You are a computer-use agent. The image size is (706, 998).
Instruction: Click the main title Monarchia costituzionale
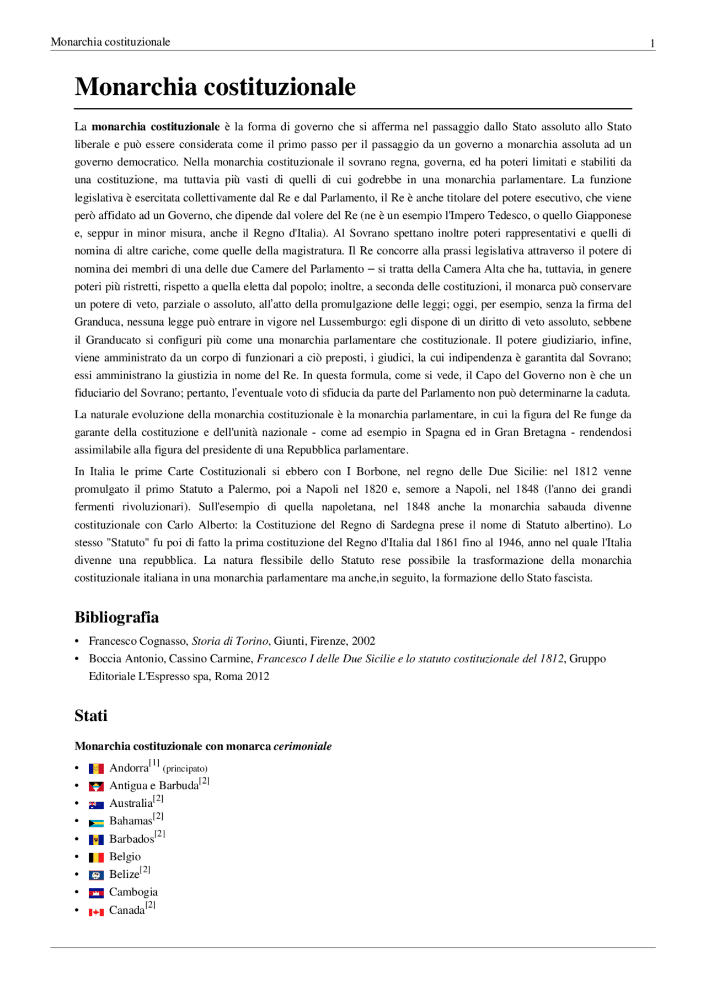(x=215, y=87)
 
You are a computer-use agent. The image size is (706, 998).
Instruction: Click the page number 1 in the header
(x=652, y=44)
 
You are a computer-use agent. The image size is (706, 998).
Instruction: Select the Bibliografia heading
(x=116, y=617)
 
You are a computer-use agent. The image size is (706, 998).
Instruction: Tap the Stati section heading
(x=91, y=716)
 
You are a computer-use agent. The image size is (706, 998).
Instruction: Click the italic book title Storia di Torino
(x=230, y=641)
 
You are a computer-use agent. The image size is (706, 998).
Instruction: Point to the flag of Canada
(x=96, y=912)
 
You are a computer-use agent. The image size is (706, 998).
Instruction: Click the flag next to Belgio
(x=96, y=857)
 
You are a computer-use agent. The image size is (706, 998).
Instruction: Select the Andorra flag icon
(x=96, y=769)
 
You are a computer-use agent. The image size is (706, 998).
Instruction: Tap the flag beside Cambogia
(x=96, y=893)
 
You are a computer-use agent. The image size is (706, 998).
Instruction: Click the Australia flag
(x=96, y=805)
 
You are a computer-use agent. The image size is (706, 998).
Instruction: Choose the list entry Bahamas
(x=130, y=821)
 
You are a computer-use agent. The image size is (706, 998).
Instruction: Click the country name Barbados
(x=131, y=839)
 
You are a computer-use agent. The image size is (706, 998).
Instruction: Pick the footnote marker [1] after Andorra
(x=154, y=763)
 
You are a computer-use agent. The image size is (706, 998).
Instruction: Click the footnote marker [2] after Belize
(x=145, y=870)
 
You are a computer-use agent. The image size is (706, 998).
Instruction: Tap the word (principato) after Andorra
(x=185, y=769)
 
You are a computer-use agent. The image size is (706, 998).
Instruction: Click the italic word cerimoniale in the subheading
(x=303, y=746)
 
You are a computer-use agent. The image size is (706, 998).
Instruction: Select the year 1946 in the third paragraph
(x=510, y=542)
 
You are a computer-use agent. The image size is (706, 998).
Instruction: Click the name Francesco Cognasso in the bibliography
(x=138, y=641)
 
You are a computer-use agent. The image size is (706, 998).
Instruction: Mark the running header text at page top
(x=110, y=42)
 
